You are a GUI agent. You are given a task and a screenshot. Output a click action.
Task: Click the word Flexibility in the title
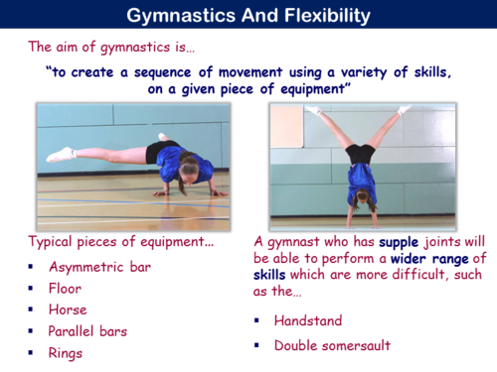click(320, 15)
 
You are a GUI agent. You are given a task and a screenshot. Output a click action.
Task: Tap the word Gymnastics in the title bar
click(177, 15)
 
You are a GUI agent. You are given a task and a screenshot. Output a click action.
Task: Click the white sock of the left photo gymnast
click(60, 155)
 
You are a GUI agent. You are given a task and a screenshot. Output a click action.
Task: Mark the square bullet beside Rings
click(31, 352)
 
